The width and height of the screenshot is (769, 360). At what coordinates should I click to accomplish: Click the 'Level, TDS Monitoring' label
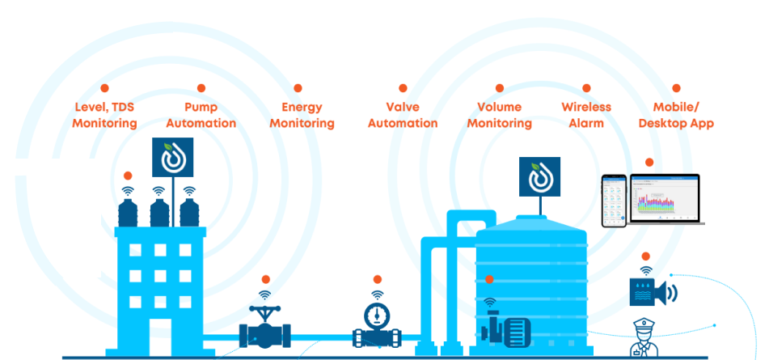(x=104, y=115)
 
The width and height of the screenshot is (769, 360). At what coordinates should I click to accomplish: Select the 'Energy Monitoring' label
(x=302, y=115)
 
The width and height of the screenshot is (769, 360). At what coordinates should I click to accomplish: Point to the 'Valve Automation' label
(x=403, y=115)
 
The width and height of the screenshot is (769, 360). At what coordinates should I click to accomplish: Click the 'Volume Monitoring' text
(x=499, y=115)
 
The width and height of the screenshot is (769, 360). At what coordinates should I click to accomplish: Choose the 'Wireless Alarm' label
(x=586, y=115)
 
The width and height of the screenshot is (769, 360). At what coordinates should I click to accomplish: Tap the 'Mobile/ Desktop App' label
(x=676, y=115)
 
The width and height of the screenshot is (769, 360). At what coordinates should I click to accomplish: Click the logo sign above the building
(x=172, y=157)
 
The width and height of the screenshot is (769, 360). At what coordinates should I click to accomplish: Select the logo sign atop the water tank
(x=539, y=176)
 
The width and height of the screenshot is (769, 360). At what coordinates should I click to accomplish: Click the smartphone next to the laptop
(x=614, y=201)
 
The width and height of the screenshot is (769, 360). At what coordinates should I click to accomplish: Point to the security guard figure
(x=646, y=339)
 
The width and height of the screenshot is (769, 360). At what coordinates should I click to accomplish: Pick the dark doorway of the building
(x=160, y=337)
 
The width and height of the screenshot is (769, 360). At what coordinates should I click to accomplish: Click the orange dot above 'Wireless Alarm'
(x=586, y=88)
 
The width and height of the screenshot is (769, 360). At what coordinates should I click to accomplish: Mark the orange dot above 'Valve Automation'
(x=403, y=88)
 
